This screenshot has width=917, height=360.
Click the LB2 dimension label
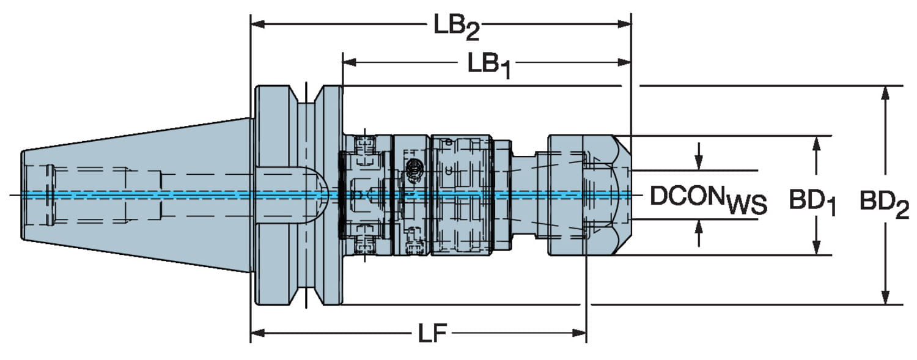[456, 27]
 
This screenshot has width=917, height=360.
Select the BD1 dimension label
[812, 200]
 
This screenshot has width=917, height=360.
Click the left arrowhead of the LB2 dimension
[257, 24]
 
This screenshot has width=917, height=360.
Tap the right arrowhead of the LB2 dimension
[625, 24]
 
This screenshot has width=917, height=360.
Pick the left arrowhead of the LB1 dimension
[349, 62]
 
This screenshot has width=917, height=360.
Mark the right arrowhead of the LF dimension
[580, 332]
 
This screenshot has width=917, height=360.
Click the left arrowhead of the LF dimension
[257, 332]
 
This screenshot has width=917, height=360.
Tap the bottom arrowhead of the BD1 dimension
[816, 249]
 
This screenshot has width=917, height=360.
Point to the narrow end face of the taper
[23, 196]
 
